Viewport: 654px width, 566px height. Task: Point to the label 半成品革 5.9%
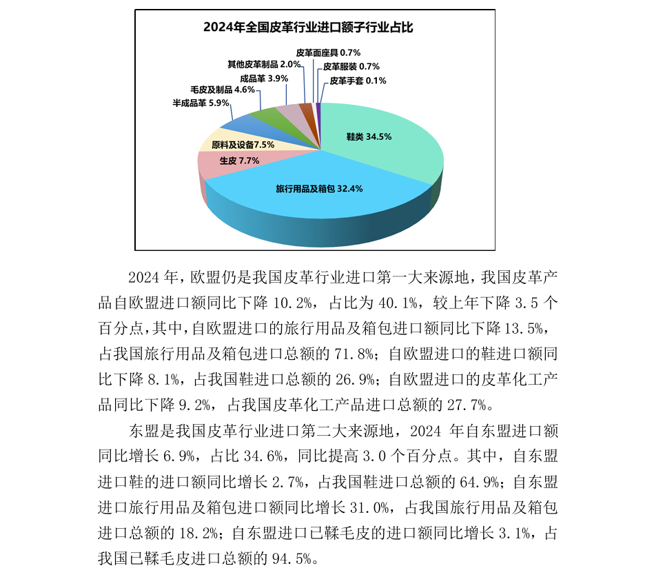[x=200, y=103]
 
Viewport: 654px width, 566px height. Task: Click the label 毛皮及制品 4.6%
[x=223, y=90]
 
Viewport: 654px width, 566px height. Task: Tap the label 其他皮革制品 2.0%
[x=264, y=64]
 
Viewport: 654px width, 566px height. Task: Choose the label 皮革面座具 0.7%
[x=328, y=52]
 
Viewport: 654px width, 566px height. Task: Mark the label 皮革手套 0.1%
[x=358, y=81]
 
